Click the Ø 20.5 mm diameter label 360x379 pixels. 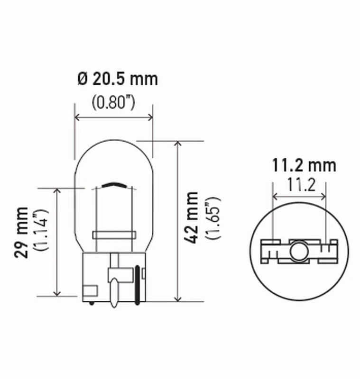[117, 79]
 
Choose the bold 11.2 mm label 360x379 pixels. [304, 165]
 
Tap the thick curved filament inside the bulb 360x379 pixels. [114, 185]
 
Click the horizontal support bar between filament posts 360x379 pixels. [114, 235]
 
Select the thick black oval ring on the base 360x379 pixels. [138, 285]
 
